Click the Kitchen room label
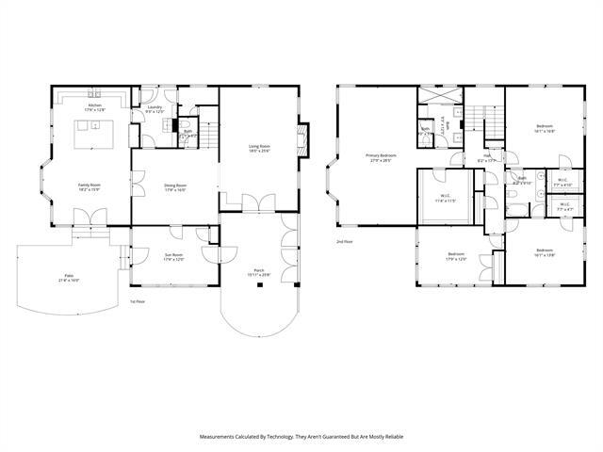[x=95, y=107]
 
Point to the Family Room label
[x=90, y=187]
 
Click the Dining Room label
[x=175, y=187]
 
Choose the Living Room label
[x=259, y=148]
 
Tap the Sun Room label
[x=171, y=256]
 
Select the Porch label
[x=258, y=271]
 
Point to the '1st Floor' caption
[x=138, y=301]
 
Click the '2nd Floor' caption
[x=345, y=242]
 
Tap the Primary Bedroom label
[x=381, y=157]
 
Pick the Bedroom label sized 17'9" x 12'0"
[x=456, y=256]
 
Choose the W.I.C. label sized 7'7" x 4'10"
[x=562, y=183]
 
